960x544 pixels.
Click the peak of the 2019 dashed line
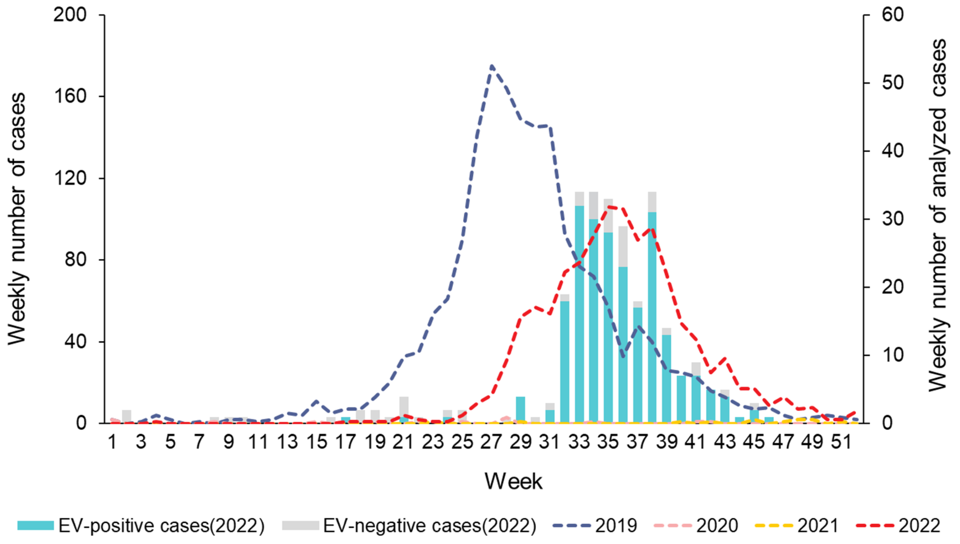pos(492,66)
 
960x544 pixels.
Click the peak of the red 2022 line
pos(609,206)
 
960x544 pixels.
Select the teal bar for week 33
pos(579,314)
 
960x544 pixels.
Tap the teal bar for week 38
pos(652,318)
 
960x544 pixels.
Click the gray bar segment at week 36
pos(623,247)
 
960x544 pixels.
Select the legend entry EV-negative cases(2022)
pos(409,526)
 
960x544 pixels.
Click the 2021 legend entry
pos(797,526)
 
